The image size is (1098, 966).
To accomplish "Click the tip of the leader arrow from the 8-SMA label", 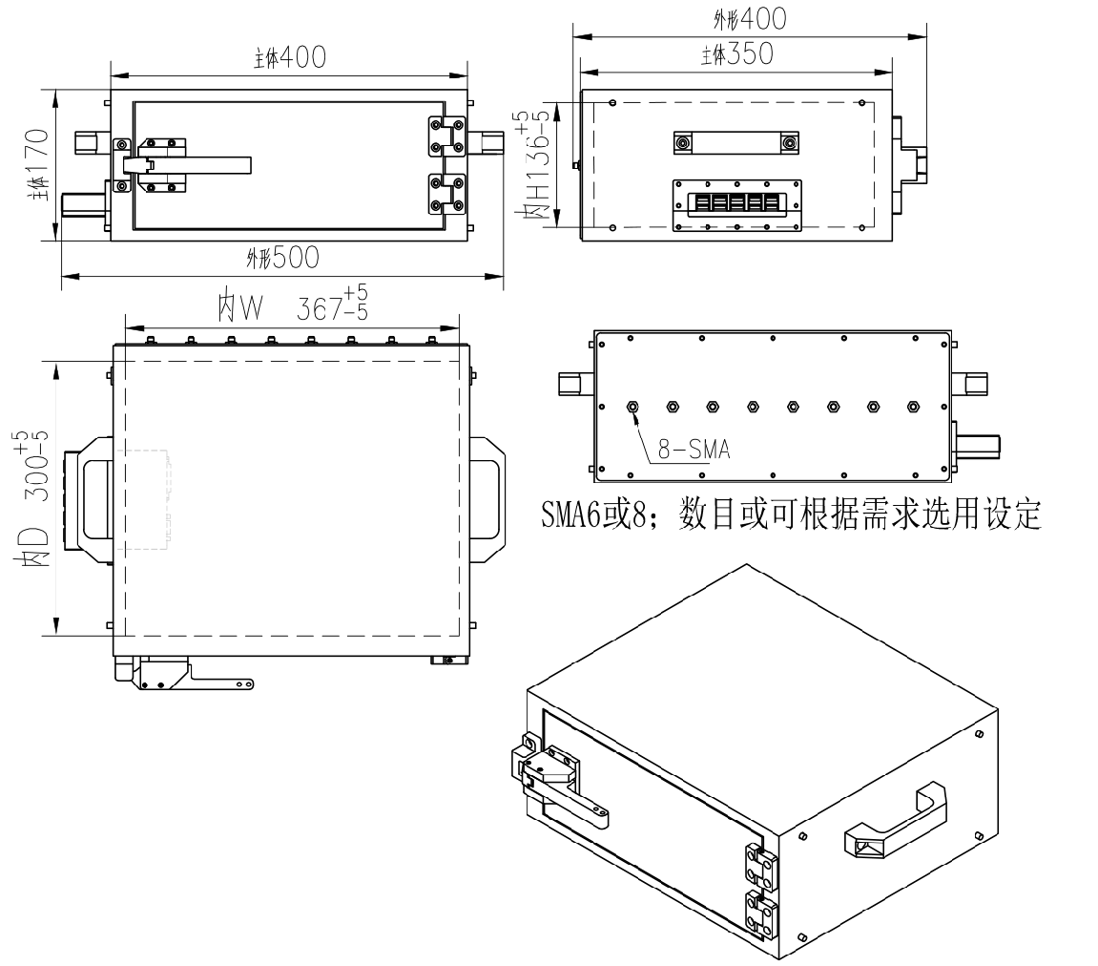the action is (x=634, y=414).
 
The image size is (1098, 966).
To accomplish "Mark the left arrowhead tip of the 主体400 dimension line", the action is (x=111, y=74).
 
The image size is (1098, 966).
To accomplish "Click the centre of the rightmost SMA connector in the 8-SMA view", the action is (x=912, y=407).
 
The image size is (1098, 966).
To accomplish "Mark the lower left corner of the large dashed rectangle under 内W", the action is (x=125, y=636).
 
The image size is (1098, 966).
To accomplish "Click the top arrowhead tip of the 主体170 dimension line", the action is (x=56, y=90).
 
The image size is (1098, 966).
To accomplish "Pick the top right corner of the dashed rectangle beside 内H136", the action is (x=875, y=103).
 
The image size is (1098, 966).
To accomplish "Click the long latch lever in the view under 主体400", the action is (x=187, y=165).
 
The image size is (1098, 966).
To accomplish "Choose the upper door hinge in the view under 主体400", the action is (x=446, y=136).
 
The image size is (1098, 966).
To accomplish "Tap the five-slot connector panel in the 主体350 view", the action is (x=736, y=204).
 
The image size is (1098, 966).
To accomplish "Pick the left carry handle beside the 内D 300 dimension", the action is (x=88, y=499).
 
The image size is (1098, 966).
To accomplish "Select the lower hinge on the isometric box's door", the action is (x=760, y=914).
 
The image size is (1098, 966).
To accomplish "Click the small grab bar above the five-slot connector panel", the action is (x=735, y=143).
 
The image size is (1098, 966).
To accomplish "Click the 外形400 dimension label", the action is (x=750, y=19).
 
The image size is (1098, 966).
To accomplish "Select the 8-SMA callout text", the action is (x=694, y=449).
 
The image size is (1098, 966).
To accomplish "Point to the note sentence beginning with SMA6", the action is (x=791, y=514).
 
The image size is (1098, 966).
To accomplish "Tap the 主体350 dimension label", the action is (x=737, y=54).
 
